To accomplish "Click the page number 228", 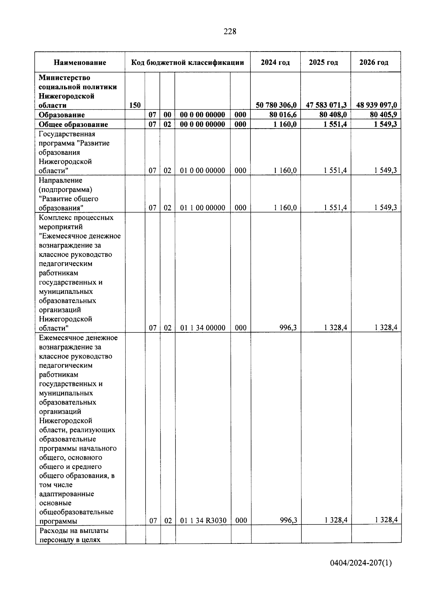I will click(230, 32).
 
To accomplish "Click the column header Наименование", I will click(80, 63).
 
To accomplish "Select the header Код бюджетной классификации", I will click(187, 63).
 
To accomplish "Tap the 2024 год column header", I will click(275, 63).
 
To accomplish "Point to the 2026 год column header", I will click(374, 63).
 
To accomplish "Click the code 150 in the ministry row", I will click(135, 105).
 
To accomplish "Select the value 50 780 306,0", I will click(276, 105).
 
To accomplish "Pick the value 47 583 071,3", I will click(326, 105).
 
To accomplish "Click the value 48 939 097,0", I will click(376, 105).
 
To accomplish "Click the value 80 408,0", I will click(333, 115).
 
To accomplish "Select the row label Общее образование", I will click(73, 124).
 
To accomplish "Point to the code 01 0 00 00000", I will click(202, 171).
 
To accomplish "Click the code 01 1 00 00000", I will click(202, 208).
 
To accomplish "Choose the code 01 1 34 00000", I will click(202, 328).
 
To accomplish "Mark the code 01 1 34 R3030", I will click(203, 521).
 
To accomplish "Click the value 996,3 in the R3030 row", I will click(288, 520).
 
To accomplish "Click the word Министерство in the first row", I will click(64, 77).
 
